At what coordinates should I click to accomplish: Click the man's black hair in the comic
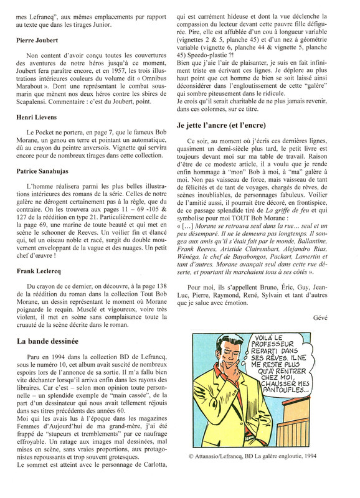pos(230,349)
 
